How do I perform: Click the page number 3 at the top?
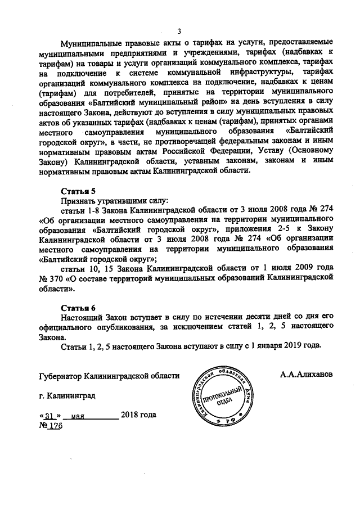coord(179,31)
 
